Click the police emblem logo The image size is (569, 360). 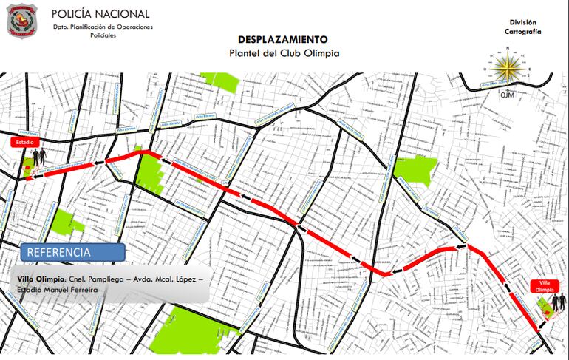[x=23, y=21]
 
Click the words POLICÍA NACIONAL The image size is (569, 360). [x=100, y=14]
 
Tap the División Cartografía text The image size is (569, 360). [x=523, y=28]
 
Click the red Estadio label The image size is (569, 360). [x=22, y=142]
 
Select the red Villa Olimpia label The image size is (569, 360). [x=545, y=286]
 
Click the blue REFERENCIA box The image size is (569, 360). [x=72, y=252]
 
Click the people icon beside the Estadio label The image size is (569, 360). [x=38, y=157]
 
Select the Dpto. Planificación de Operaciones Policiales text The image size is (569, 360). [x=103, y=31]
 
